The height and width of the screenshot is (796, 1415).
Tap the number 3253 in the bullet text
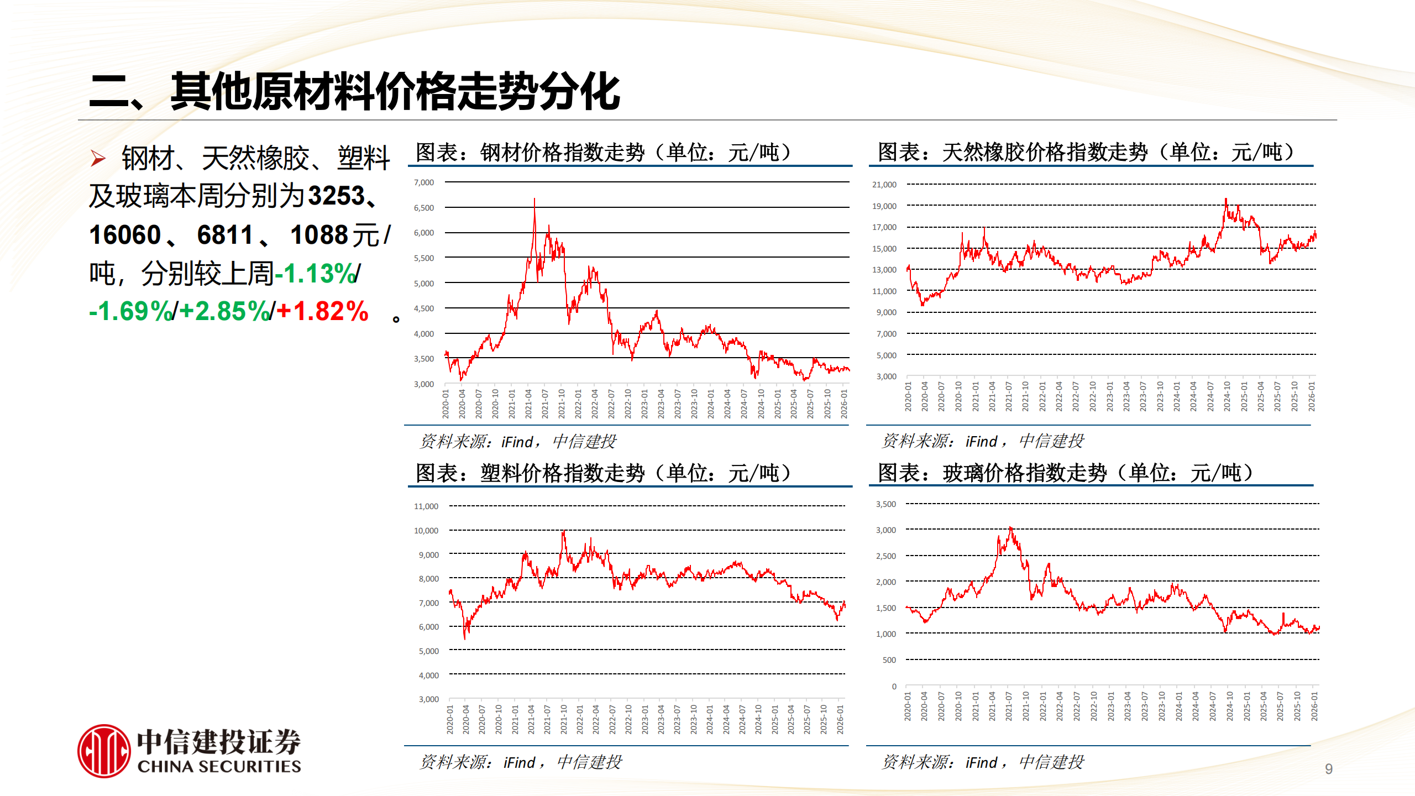[337, 196]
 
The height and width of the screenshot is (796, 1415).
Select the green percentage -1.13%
[316, 273]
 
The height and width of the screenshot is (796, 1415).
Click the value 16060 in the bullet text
[125, 235]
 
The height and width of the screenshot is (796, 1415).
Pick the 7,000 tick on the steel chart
[424, 182]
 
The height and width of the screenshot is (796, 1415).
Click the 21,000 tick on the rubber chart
[884, 185]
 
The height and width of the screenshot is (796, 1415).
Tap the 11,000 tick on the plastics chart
[426, 506]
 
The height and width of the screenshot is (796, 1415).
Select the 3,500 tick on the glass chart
[886, 504]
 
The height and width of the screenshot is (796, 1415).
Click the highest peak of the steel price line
[534, 199]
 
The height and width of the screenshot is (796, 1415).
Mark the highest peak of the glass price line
[1010, 528]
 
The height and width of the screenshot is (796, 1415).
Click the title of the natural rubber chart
[1086, 152]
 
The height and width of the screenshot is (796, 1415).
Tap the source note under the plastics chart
[521, 762]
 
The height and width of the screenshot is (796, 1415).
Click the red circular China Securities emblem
[104, 751]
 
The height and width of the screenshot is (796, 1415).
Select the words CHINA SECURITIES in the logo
[219, 767]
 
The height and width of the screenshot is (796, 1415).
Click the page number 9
[1329, 769]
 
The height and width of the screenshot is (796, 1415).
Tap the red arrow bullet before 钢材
[98, 159]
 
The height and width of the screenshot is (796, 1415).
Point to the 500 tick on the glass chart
[889, 660]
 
